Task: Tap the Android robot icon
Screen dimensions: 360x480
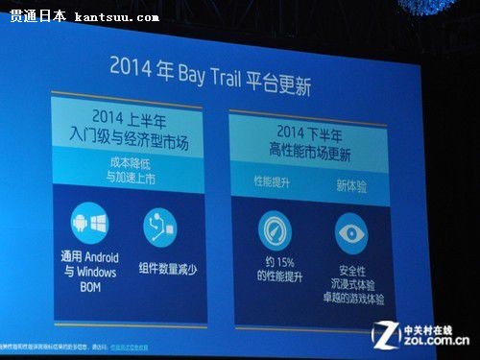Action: click(81, 225)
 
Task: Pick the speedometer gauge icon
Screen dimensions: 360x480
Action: click(275, 232)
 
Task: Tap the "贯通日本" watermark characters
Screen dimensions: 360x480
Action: click(37, 16)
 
